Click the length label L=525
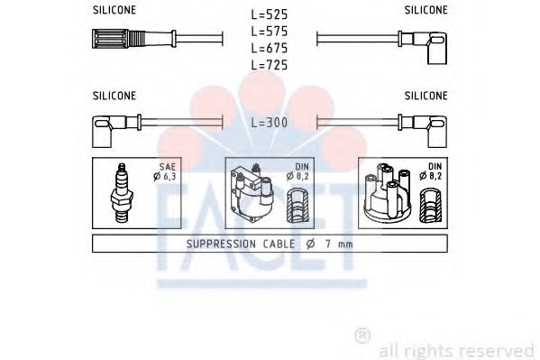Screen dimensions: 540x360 tap(270, 14)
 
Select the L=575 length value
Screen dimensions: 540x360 tap(270, 32)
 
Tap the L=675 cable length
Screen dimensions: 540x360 tap(270, 48)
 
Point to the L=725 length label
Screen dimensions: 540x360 tap(270, 65)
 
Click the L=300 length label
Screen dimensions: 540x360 tap(270, 123)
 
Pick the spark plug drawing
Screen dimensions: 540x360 tap(122, 193)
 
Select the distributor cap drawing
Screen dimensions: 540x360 tap(387, 192)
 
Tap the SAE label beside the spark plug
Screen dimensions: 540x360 tap(168, 167)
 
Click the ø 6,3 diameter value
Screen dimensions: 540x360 tap(165, 177)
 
